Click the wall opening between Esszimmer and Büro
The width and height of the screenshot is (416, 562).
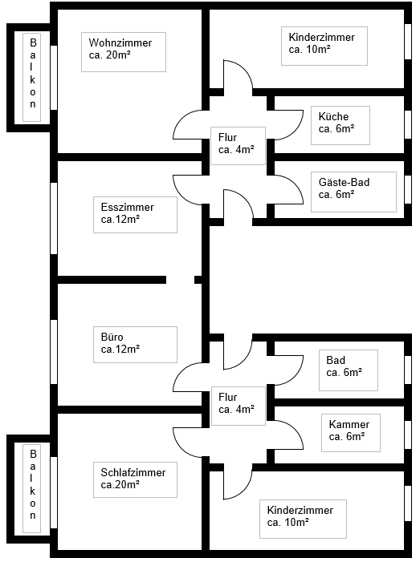pyautogui.click(x=180, y=280)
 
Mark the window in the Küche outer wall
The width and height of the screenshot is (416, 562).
pyautogui.click(x=408, y=124)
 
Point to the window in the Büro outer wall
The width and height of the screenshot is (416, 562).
pyautogui.click(x=54, y=352)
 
